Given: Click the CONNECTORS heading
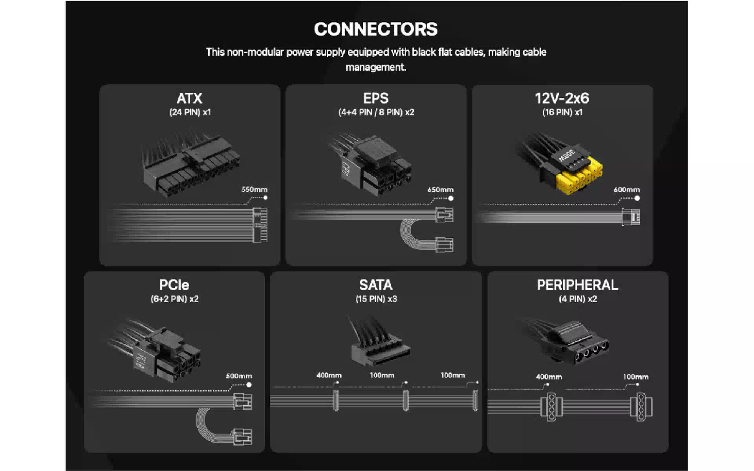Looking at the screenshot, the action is coord(376,29).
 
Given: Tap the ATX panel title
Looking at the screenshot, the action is coord(190,98).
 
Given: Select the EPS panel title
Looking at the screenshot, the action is coord(376,98).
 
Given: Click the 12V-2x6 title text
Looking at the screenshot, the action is coord(562,98).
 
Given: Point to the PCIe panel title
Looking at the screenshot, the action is coord(174,285).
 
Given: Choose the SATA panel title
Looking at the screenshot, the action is coord(376,285).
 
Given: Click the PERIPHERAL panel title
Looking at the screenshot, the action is coord(577,285).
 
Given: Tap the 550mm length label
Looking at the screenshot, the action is coord(254,190).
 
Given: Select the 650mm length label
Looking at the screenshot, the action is coord(440,190).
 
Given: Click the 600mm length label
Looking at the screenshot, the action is coord(626,190).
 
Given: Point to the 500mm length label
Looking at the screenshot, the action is coord(239,376).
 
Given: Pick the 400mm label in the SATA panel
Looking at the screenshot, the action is coord(329,375).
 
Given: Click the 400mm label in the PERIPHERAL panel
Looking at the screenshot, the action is coord(549,377).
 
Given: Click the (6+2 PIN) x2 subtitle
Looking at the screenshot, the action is coord(174,299).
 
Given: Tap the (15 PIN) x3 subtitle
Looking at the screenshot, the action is coord(376,299).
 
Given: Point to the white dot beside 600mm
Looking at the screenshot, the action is coord(637,199).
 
